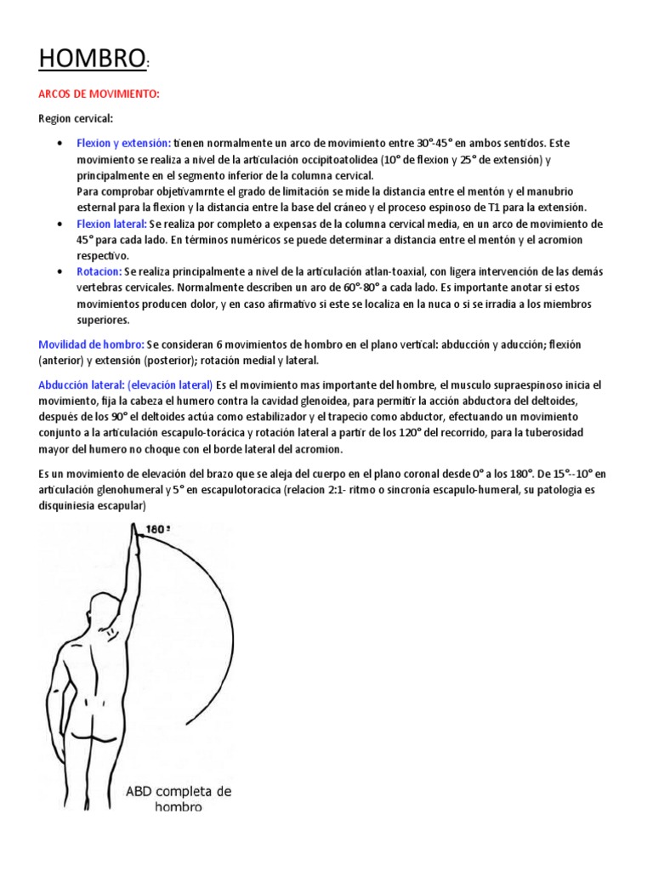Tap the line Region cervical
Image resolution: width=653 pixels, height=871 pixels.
click(76, 118)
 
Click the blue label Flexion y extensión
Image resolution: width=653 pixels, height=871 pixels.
click(123, 143)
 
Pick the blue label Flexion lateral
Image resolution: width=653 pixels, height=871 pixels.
click(111, 224)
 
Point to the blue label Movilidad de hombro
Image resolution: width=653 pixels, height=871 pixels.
click(91, 344)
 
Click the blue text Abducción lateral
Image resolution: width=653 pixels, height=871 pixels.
click(82, 385)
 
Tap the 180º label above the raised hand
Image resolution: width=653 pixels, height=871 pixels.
click(158, 530)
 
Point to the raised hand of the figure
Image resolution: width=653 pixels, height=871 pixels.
click(132, 537)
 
